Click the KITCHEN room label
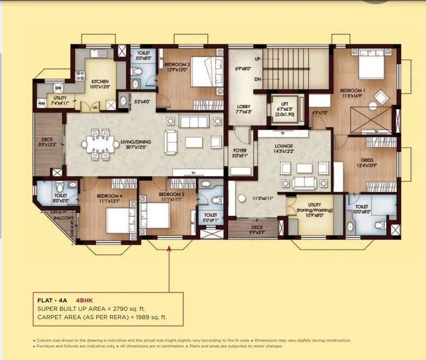100,82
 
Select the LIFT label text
285,104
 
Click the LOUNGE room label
283,146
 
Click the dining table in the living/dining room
100,142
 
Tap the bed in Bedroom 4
117,220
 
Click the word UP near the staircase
257,59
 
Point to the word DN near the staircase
257,78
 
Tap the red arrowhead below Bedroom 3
170,250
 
